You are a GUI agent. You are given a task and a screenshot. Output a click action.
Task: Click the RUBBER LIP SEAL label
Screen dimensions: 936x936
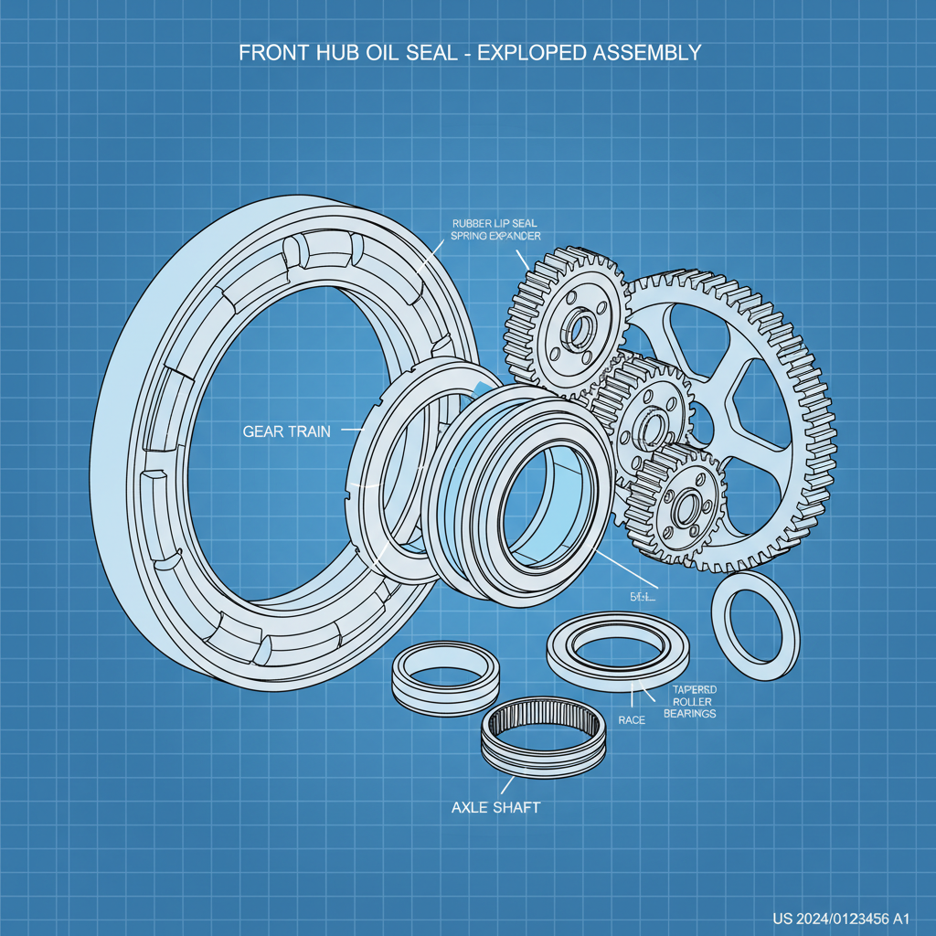tap(496, 223)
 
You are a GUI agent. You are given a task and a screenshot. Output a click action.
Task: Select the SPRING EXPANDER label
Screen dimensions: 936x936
tap(496, 236)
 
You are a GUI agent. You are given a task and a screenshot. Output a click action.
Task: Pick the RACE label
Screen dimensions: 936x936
tap(632, 720)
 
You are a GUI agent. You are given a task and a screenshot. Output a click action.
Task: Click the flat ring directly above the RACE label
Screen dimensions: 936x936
tap(617, 649)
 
